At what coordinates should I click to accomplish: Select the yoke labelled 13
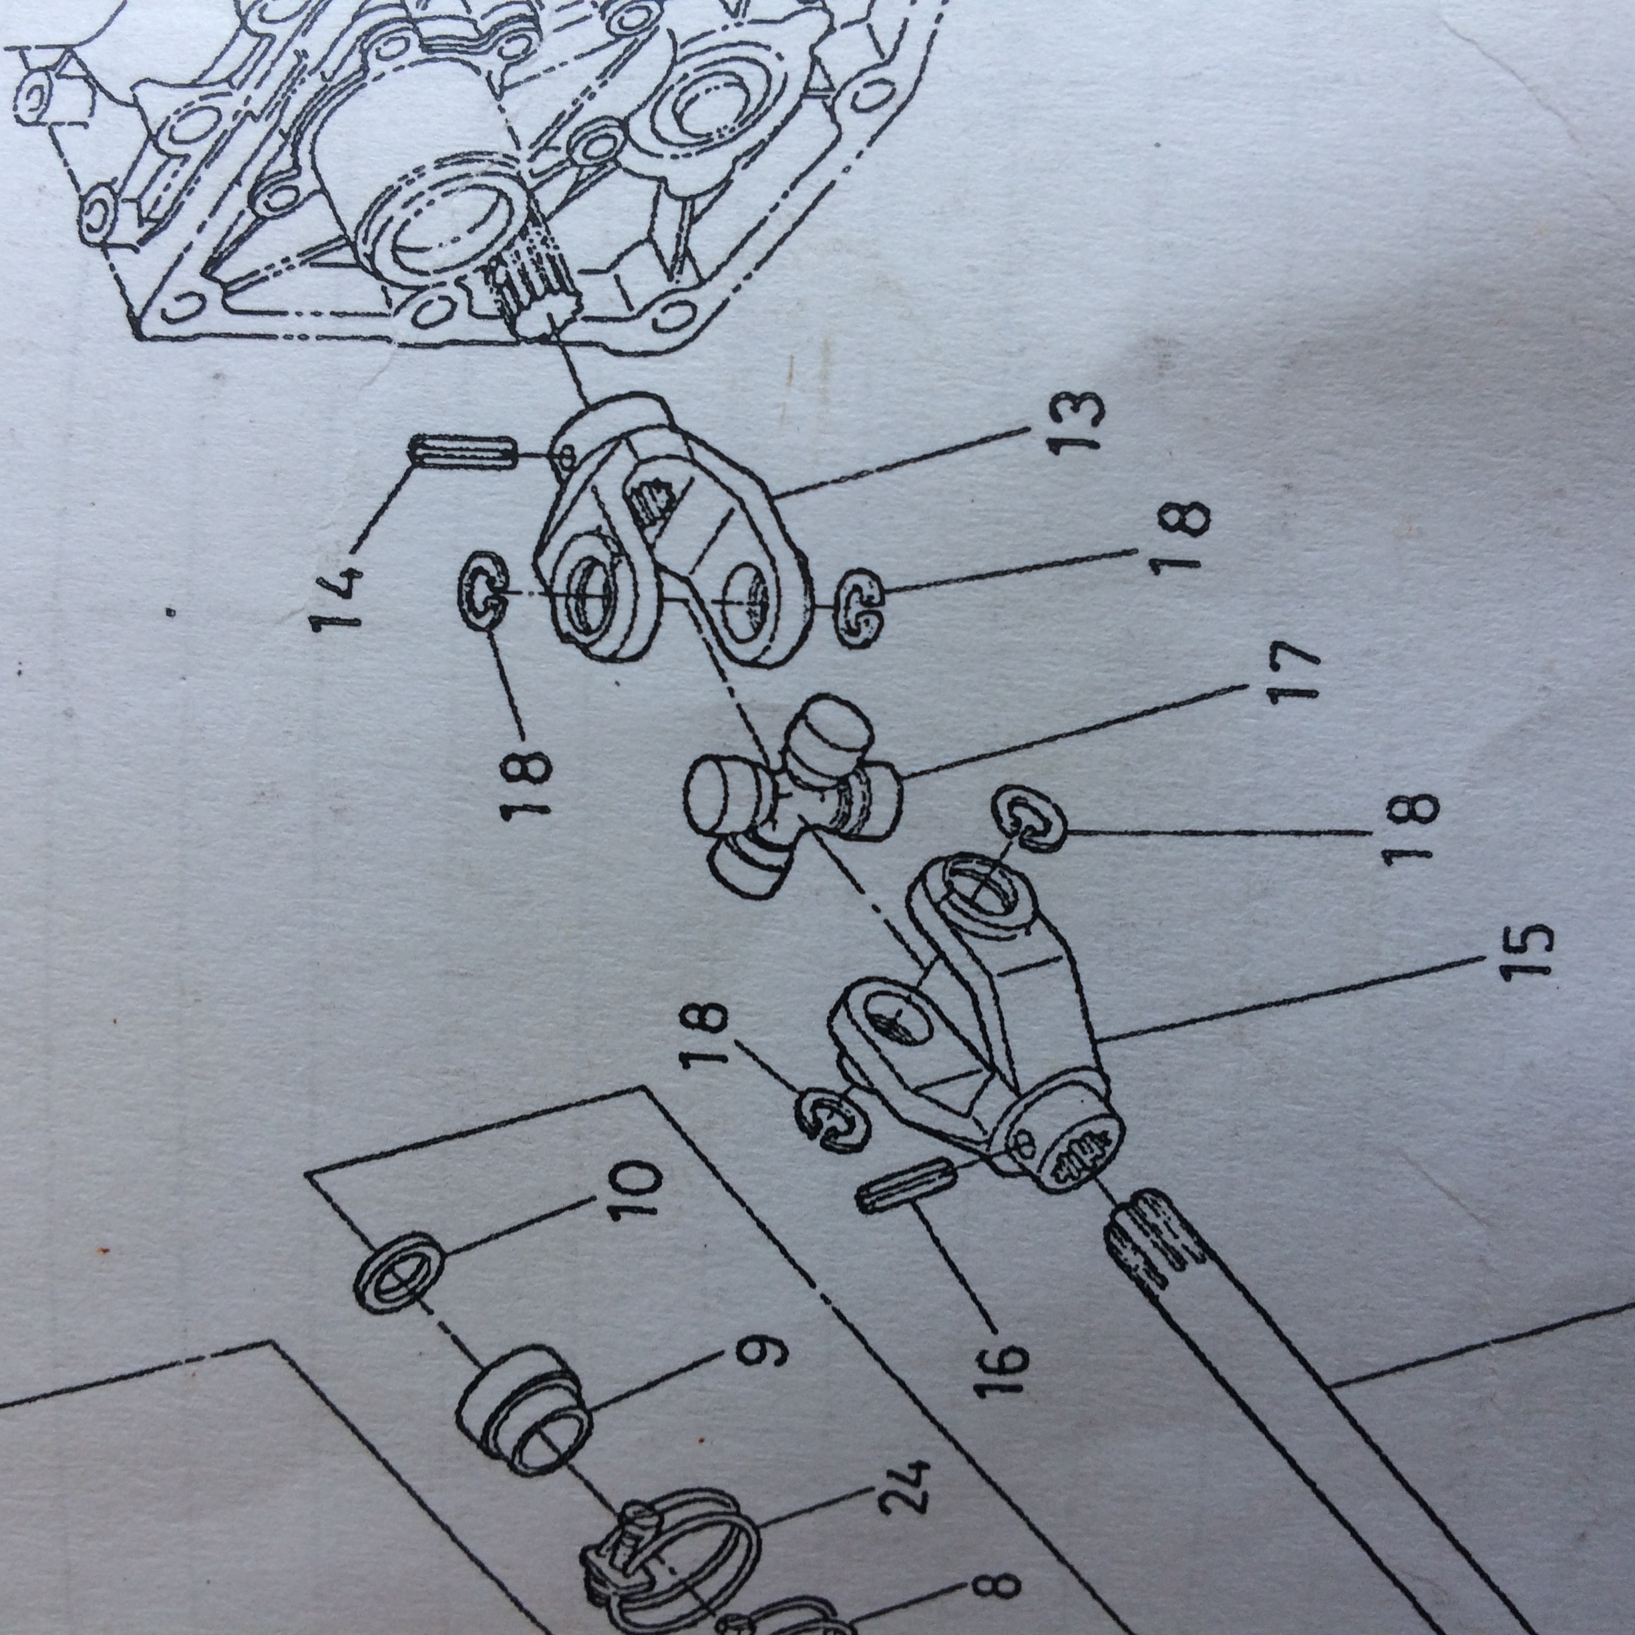(669, 542)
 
